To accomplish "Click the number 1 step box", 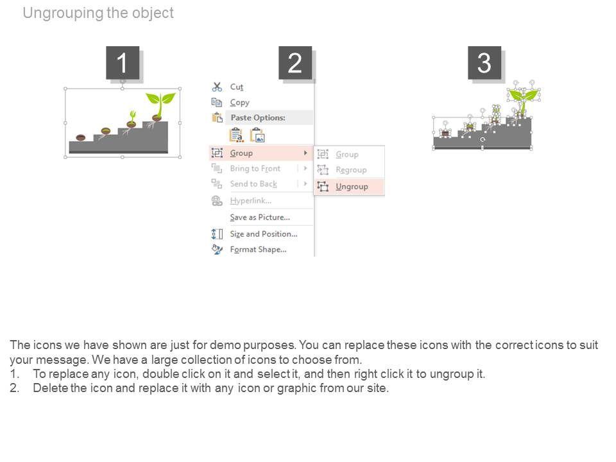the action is [x=123, y=63].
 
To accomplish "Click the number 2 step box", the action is [x=295, y=63].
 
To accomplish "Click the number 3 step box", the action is [x=484, y=63].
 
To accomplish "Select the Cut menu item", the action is [x=237, y=87].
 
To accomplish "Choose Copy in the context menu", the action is [x=239, y=103].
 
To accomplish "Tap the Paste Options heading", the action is [x=258, y=117].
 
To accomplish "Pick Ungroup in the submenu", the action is [x=352, y=187].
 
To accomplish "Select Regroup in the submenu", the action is [x=351, y=169].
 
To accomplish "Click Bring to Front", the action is [x=255, y=169].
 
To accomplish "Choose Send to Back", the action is [x=253, y=184].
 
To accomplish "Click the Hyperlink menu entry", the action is [x=251, y=201].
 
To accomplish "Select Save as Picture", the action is [x=260, y=218].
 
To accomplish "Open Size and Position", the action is [x=264, y=234].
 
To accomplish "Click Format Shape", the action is [x=258, y=250].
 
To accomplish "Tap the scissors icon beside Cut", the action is [x=217, y=87].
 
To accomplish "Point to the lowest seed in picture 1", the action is [x=81, y=137].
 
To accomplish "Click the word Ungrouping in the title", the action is [x=63, y=13].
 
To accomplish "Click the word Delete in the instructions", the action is [x=50, y=388].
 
